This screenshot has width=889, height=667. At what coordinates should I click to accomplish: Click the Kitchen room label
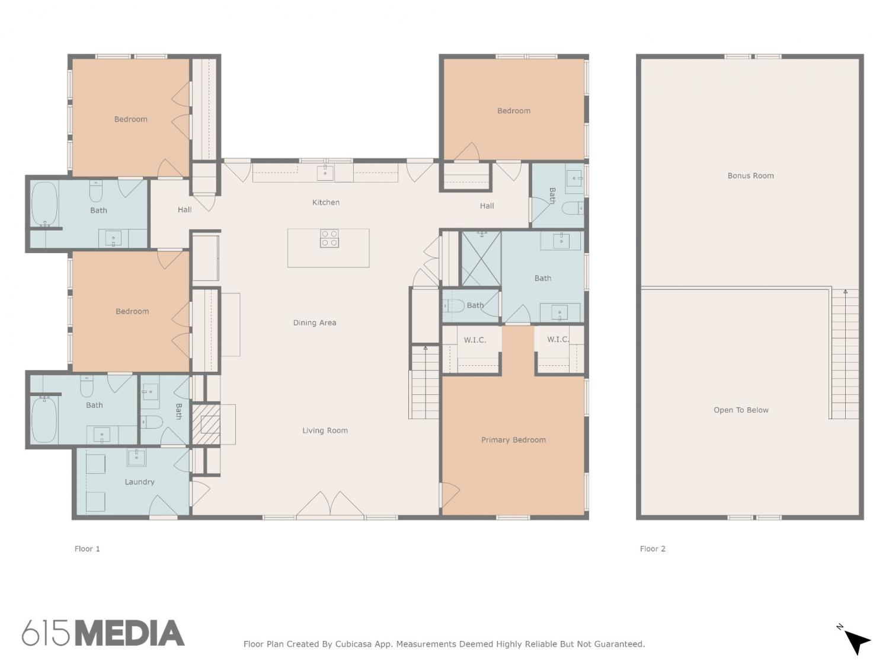(325, 202)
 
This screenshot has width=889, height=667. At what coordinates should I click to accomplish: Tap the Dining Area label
(315, 323)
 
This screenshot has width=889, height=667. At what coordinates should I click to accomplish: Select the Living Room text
(325, 430)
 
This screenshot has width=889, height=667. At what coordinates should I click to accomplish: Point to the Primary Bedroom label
(513, 440)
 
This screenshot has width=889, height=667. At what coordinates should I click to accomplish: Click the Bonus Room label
(750, 175)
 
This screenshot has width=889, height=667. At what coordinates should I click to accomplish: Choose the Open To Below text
(741, 410)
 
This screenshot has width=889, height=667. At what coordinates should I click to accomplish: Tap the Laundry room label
(139, 482)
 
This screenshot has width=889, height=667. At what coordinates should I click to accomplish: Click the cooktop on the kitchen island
(330, 238)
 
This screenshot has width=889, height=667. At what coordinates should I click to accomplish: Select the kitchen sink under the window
(325, 173)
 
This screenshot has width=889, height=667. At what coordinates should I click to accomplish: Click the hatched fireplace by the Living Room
(206, 423)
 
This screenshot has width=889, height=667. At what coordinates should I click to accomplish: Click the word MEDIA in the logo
(129, 633)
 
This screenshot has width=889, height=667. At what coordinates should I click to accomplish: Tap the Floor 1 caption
(87, 549)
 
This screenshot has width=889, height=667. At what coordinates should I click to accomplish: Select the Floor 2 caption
(653, 549)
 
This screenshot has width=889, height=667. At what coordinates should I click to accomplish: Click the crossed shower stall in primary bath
(481, 258)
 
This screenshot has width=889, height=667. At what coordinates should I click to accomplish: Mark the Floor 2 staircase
(845, 354)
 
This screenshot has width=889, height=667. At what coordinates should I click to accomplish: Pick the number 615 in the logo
(46, 633)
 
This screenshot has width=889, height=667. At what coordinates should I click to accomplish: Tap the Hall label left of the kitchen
(185, 209)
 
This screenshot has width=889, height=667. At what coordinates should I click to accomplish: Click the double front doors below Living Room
(330, 504)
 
